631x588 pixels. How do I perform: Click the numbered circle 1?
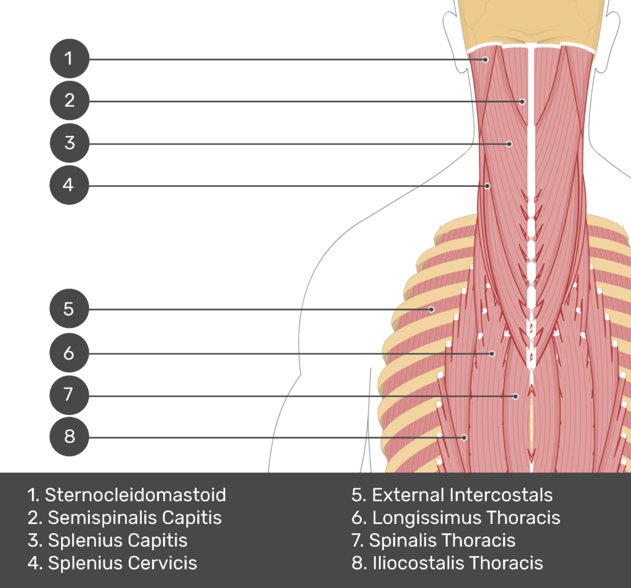[x=69, y=59]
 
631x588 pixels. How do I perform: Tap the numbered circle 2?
[x=69, y=100]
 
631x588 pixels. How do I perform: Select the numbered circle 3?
[x=69, y=143]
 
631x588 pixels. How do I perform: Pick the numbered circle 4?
[x=69, y=185]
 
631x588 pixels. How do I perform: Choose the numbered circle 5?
[x=69, y=308]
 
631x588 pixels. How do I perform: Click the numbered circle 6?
[x=69, y=353]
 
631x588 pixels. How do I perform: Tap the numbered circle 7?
[x=69, y=394]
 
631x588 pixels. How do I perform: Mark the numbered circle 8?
[x=69, y=437]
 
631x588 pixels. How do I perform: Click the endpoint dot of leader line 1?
[x=486, y=60]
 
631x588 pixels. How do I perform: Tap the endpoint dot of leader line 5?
[x=431, y=309]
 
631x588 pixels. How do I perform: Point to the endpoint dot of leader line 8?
[x=465, y=438]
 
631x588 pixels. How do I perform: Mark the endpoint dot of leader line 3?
[x=509, y=144]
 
